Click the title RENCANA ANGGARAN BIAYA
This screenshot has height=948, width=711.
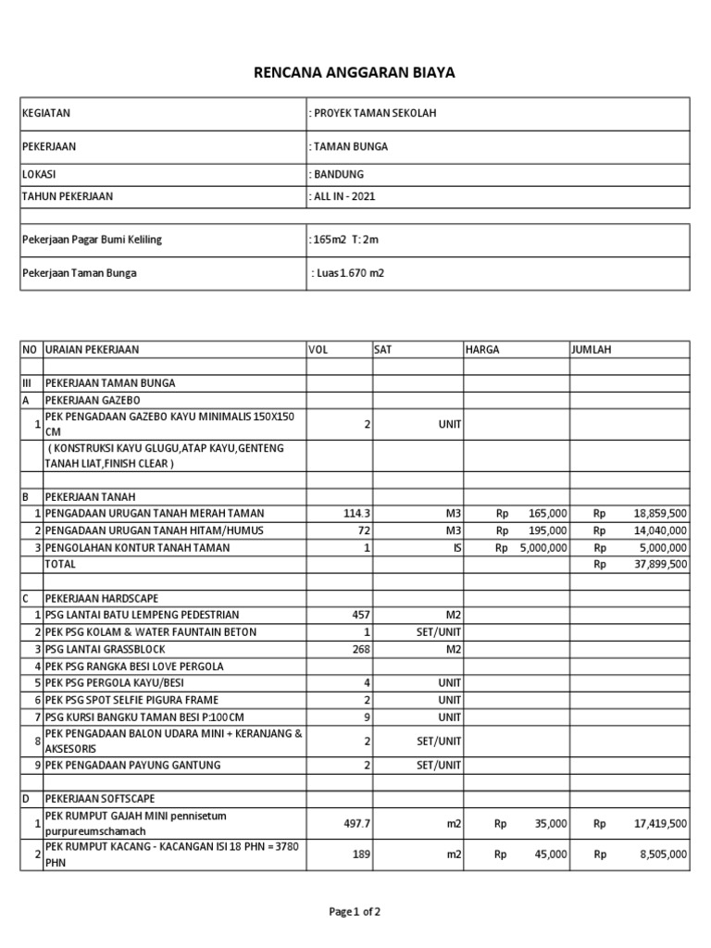point(355,72)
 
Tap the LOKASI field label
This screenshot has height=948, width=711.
point(38,174)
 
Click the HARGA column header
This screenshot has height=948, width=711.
point(483,350)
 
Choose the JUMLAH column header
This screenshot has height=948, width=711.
point(592,350)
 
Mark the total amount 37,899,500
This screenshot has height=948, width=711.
point(659,564)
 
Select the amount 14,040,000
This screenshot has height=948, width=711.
point(659,530)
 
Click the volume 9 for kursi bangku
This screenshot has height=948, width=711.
point(366,717)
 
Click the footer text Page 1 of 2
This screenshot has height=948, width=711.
point(355,912)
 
